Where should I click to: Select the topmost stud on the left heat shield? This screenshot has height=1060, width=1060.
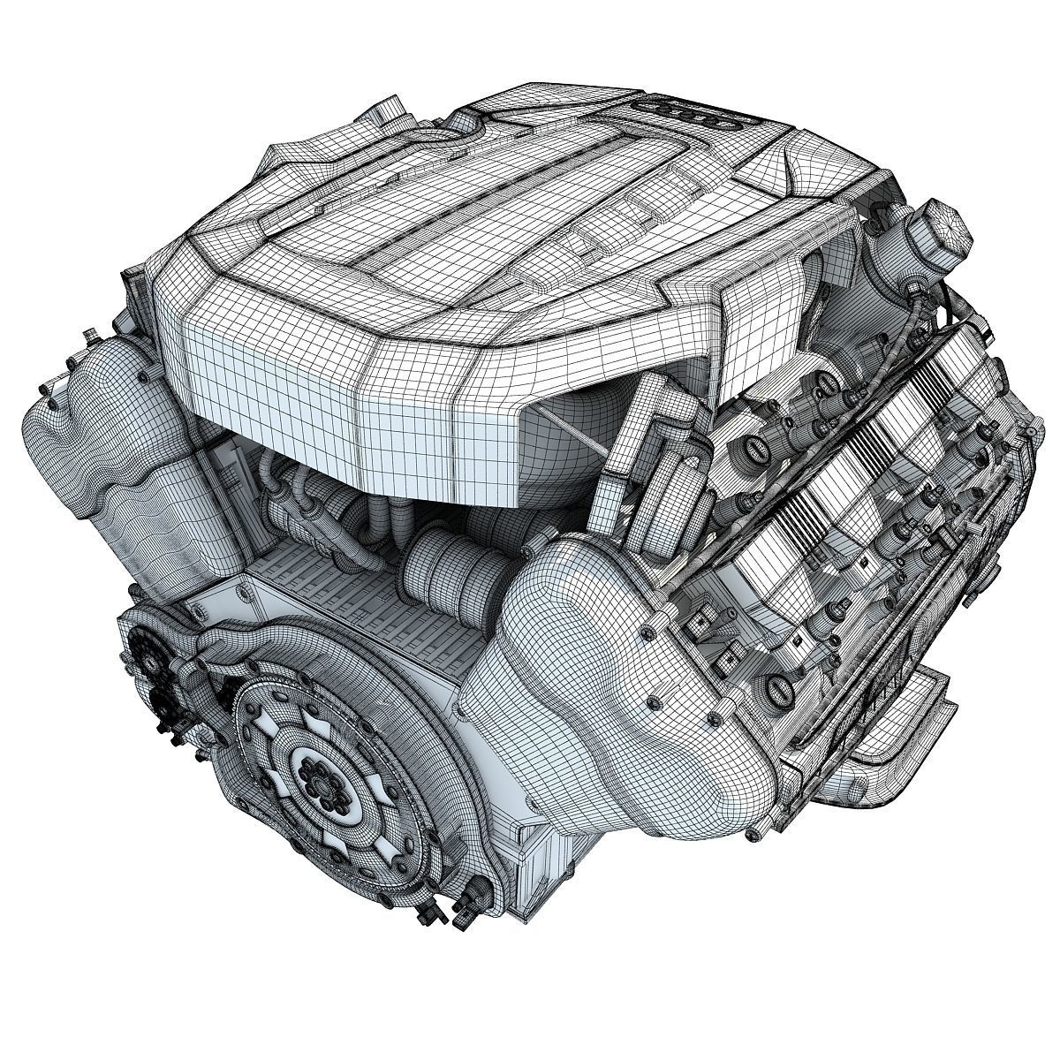pyautogui.click(x=88, y=337)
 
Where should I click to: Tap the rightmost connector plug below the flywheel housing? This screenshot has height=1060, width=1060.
pyautogui.click(x=459, y=919)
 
